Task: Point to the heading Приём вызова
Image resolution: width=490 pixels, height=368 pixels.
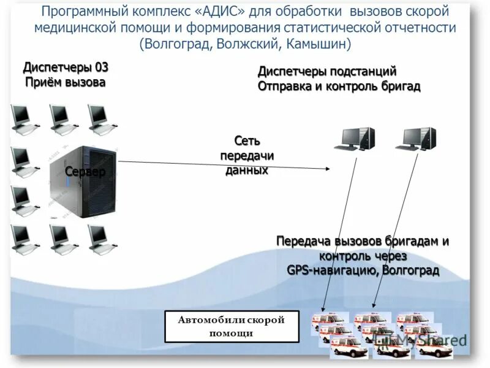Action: pos(65,82)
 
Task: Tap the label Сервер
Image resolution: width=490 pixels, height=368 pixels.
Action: pos(85,172)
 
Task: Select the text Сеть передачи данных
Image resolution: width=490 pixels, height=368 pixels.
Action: pos(247,156)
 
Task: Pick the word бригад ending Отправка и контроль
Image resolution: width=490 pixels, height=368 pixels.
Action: pos(399,86)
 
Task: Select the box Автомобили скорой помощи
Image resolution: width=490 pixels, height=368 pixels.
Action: pos(232,326)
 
